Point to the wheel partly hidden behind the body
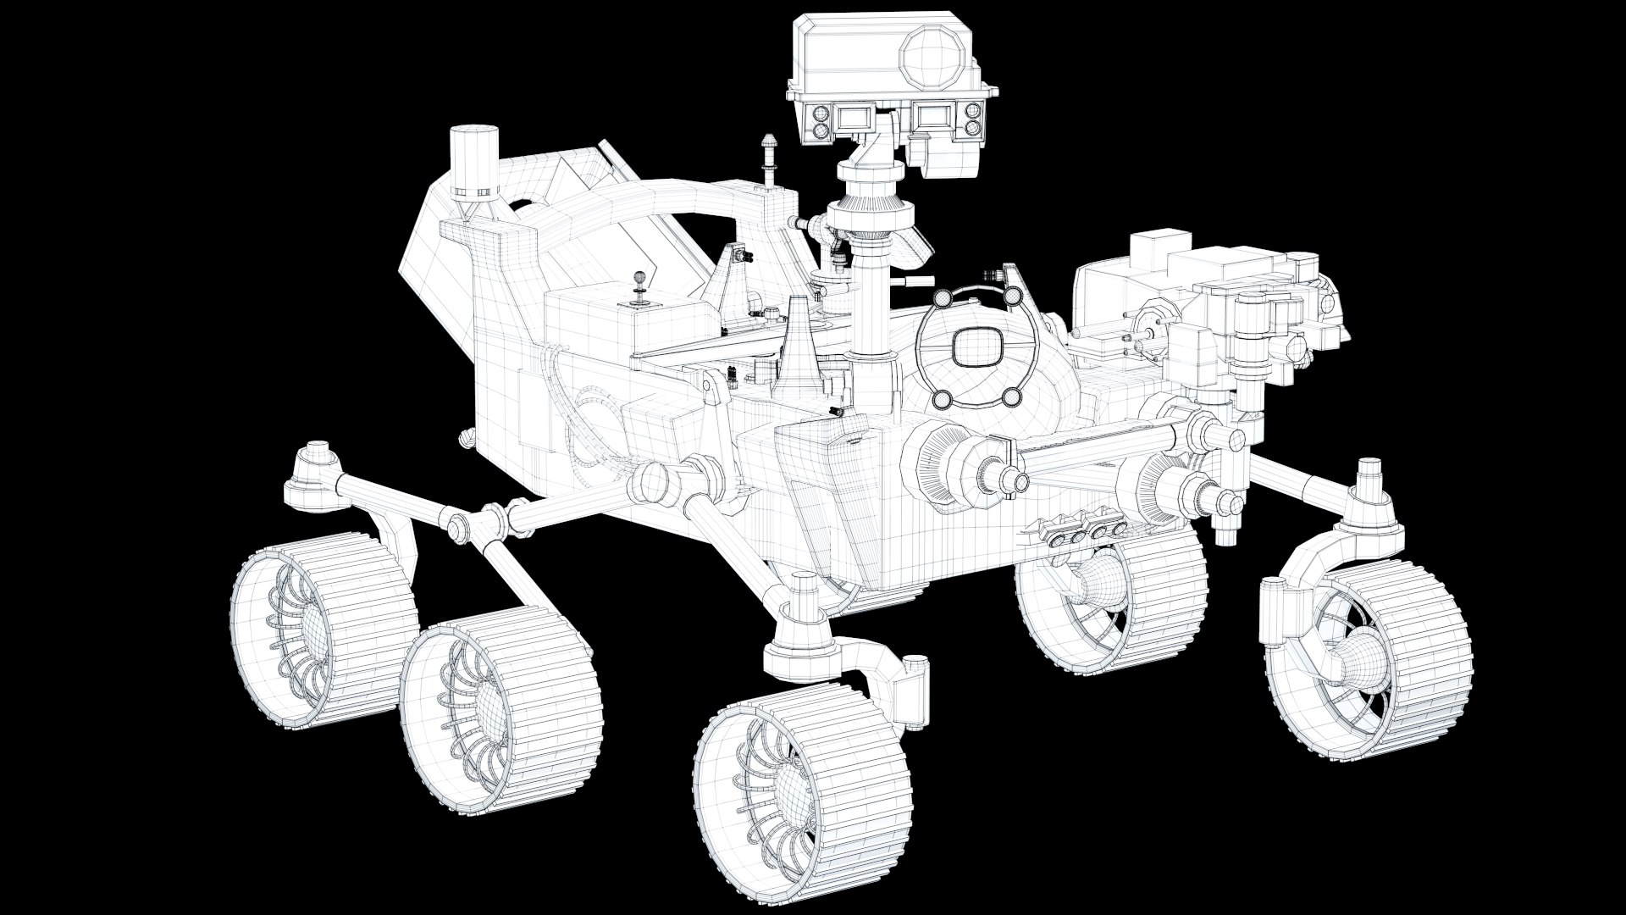1109,597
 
